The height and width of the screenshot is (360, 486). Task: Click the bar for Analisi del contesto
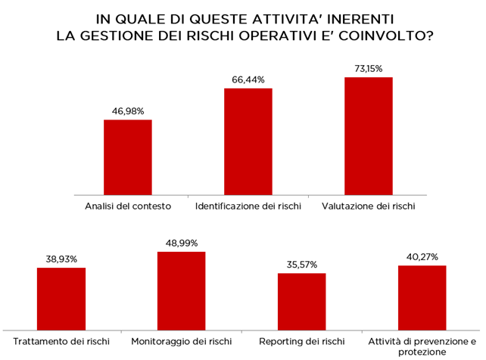[128, 157]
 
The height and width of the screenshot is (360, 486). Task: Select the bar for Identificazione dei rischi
[248, 141]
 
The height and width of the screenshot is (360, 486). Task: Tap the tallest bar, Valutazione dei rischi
[369, 136]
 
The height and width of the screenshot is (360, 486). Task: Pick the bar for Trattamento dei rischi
[61, 299]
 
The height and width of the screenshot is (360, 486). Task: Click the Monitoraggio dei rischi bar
[182, 291]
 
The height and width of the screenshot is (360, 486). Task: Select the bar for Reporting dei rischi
[301, 302]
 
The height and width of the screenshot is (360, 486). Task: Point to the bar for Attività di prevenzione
[422, 298]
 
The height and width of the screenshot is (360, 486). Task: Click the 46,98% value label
[128, 111]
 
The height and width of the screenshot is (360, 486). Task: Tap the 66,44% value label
[248, 80]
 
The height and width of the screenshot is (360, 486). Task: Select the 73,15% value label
[369, 68]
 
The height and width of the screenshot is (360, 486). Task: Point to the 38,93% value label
[61, 259]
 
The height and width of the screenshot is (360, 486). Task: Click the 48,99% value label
[182, 244]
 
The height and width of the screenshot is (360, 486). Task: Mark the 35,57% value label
[302, 265]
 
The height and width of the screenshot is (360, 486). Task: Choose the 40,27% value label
[422, 257]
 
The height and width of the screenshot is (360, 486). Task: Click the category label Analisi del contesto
[128, 206]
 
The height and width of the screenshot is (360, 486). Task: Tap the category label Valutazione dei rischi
[369, 206]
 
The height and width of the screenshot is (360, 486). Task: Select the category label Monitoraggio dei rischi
[182, 341]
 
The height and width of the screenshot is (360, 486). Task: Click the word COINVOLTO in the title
[386, 36]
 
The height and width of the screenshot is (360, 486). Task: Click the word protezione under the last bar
[422, 352]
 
